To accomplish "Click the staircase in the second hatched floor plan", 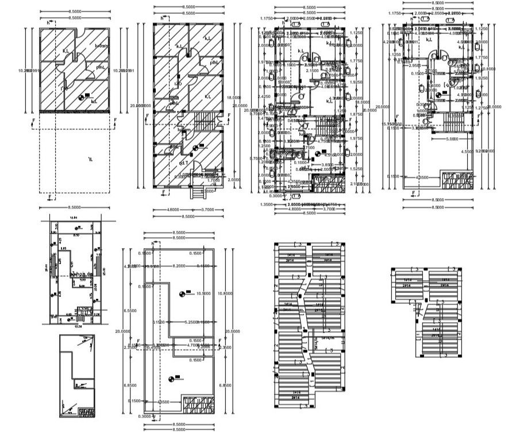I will click(x=205, y=121).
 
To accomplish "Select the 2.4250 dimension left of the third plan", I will click(x=264, y=96).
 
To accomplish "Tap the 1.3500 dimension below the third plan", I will click(x=265, y=204).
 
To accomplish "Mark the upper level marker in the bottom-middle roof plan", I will click(x=182, y=293).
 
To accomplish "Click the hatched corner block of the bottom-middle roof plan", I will click(x=198, y=404).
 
